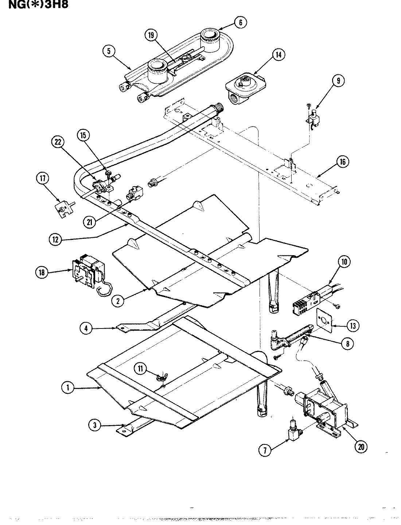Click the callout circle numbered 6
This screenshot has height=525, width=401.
240,22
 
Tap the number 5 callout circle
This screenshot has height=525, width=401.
109,51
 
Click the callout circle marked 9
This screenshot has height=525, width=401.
338,81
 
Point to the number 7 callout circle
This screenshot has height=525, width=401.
265,450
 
